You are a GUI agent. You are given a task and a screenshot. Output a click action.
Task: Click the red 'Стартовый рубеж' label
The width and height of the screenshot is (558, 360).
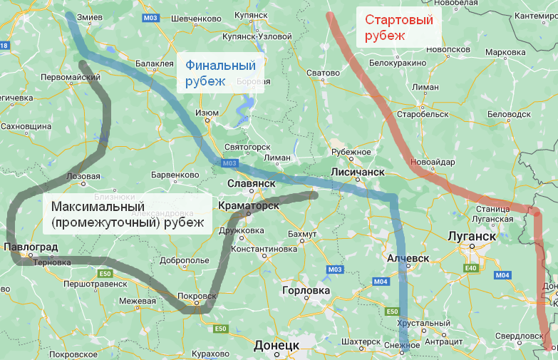[398, 27]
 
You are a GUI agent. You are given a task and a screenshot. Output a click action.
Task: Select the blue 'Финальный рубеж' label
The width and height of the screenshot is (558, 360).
[220, 73]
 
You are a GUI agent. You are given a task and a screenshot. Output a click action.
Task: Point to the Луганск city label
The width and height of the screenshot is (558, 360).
[471, 236]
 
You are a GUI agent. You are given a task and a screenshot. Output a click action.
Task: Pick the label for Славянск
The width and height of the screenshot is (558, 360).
[251, 183]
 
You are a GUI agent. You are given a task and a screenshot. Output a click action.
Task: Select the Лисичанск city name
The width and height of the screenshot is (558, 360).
[358, 173]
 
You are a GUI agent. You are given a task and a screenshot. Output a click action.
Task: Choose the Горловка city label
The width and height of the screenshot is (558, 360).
[306, 291]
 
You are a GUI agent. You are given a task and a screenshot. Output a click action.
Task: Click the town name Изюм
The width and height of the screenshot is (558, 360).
[207, 113]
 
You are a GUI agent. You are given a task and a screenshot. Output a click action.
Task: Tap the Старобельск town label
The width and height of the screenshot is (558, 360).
[423, 114]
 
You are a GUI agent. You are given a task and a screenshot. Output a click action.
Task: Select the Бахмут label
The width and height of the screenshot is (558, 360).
[303, 235]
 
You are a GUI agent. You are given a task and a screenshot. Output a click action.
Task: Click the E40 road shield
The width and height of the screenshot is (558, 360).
[470, 268]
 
